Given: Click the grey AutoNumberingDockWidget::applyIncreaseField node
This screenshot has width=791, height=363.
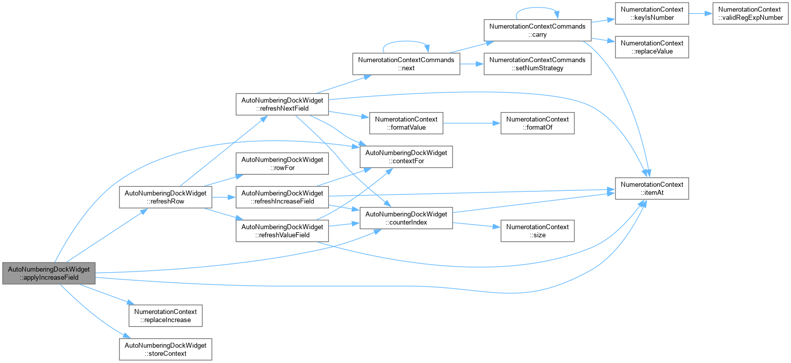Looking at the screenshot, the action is coord(49,273).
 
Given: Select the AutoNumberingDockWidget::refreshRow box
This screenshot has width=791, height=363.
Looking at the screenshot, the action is coord(165,197).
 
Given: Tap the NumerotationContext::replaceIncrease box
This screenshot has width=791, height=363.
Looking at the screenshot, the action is coord(165,316).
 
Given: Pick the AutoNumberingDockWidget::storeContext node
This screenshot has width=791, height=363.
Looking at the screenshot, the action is coord(165,349).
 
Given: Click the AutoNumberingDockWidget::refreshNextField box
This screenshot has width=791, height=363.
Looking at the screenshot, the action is coord(282,105).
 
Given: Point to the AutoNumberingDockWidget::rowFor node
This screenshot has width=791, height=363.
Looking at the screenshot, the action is coord(282,163).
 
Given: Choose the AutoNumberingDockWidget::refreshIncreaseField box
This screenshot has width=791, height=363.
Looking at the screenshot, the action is coord(282,197).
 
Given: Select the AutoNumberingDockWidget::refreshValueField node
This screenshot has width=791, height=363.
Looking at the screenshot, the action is coord(282,231).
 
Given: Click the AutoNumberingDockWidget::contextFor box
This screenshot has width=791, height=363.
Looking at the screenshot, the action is coord(406,157).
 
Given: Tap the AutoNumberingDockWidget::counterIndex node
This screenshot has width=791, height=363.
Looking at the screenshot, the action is coord(406,218).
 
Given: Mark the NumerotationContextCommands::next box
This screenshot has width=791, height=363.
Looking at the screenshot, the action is coord(406,64).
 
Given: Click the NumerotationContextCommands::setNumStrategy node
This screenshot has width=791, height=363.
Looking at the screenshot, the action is coord(537,64).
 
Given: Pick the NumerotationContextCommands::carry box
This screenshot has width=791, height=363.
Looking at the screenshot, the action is coord(537,30).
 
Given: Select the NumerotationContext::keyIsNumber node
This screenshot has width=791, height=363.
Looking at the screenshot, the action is coord(652,14).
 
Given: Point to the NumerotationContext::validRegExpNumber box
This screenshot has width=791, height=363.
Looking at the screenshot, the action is coord(751,14).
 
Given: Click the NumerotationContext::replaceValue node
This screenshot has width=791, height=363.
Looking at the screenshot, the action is coord(652,47).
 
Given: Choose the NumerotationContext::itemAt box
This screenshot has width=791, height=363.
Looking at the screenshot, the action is coord(652,188).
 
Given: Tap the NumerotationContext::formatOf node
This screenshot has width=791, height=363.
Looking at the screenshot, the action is coord(537,123).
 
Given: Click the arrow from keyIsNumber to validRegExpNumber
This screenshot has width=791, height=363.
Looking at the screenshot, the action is coord(701,14).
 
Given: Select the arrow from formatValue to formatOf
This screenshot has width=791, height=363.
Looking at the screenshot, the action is coord(472,123).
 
